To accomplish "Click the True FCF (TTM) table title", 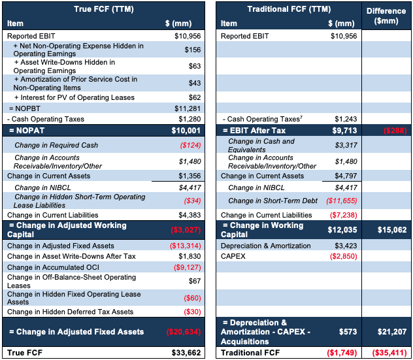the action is tap(104, 9).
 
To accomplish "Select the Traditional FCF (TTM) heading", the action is tap(289, 9).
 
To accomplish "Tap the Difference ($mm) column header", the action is tap(386, 16).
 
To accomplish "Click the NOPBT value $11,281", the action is tap(188, 108).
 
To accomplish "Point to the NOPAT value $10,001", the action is tap(186, 131).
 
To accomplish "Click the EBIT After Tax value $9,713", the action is tap(344, 131).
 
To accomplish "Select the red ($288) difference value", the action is tap(395, 131).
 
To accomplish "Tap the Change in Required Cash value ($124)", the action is tap(190, 145).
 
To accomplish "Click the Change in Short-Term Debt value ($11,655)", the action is tap(342, 201).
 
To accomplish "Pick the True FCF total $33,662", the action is tap(186, 353).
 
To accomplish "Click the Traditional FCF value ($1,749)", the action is tap(342, 353).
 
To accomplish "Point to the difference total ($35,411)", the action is tap(389, 353).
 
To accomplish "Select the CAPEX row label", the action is tap(233, 256).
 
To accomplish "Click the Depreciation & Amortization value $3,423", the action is tap(346, 246).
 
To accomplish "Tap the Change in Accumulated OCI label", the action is tap(53, 267).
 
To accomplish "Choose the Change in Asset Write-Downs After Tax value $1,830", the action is tap(190, 256).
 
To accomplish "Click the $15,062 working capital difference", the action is tap(392, 230).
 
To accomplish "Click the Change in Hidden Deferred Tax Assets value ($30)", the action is tap(192, 312).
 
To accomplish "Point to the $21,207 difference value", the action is tap(392, 331).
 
